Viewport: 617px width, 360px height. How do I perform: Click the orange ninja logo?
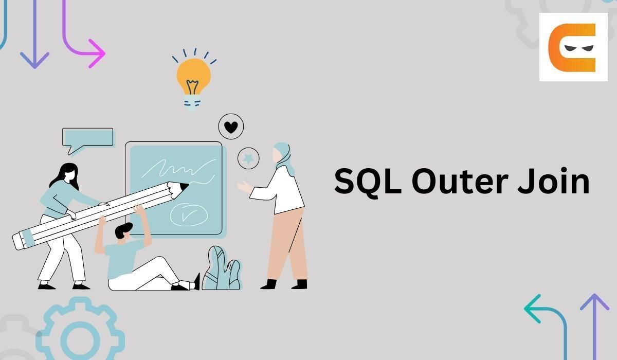click(x=572, y=47)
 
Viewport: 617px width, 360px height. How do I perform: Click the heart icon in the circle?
click(x=231, y=127)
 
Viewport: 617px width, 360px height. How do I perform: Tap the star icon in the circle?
click(x=248, y=158)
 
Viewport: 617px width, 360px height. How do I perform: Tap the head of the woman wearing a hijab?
click(x=282, y=154)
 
